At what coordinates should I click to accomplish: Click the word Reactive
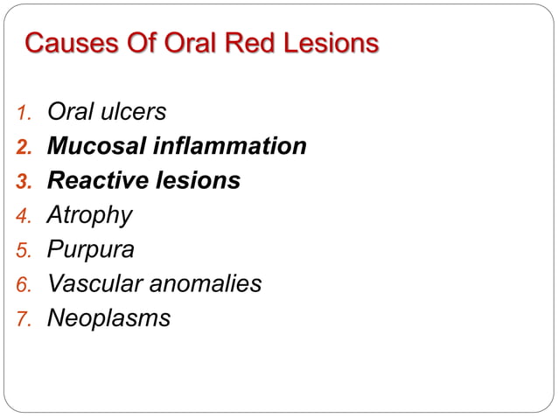click(95, 181)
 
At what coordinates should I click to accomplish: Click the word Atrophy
click(89, 216)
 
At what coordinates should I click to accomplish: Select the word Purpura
click(90, 250)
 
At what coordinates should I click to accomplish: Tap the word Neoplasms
click(108, 318)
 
